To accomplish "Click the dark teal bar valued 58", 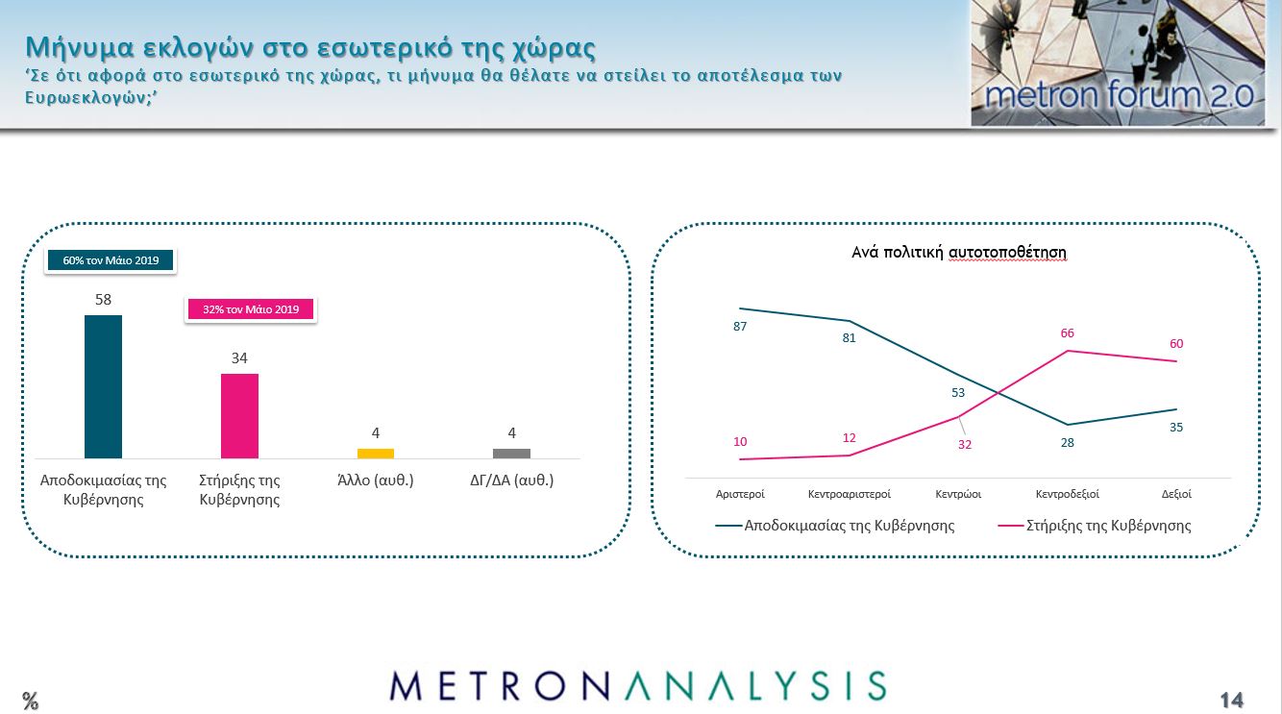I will pyautogui.click(x=103, y=386).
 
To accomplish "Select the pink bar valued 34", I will pyautogui.click(x=239, y=416).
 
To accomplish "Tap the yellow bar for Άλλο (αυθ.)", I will pyautogui.click(x=376, y=454).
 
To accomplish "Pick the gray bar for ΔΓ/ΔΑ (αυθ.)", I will pyautogui.click(x=511, y=454).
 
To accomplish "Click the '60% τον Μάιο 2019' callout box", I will pyautogui.click(x=111, y=260).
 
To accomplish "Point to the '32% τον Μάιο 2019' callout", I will pyautogui.click(x=251, y=309).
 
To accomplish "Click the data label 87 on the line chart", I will pyautogui.click(x=739, y=327).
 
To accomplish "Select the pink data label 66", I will pyautogui.click(x=1067, y=333).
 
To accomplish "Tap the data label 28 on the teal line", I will pyautogui.click(x=1067, y=443).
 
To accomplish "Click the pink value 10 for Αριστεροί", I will pyautogui.click(x=739, y=442).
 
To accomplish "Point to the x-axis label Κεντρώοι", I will pyautogui.click(x=958, y=494).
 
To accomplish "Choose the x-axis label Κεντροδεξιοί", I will pyautogui.click(x=1067, y=494).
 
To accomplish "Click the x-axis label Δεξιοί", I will pyautogui.click(x=1176, y=494).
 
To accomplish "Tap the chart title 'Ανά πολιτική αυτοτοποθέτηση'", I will pyautogui.click(x=959, y=253).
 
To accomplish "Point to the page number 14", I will pyautogui.click(x=1231, y=700).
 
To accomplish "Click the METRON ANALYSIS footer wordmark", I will pyautogui.click(x=638, y=686).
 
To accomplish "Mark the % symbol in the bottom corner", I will pyautogui.click(x=31, y=701).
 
